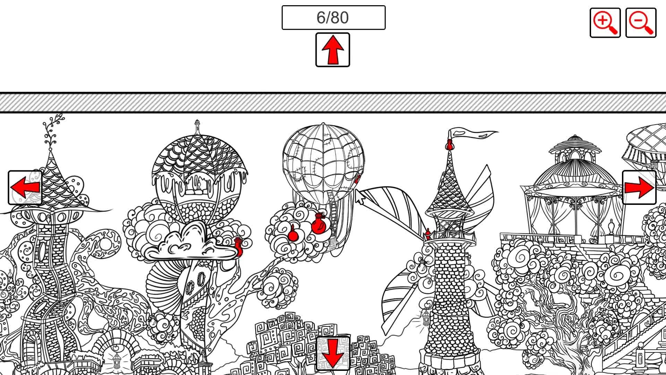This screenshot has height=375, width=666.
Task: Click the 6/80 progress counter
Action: [x=333, y=17]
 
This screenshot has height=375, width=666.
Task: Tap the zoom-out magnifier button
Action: [x=641, y=23]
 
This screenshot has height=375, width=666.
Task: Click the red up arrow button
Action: [x=333, y=50]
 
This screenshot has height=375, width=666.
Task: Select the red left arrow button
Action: [x=25, y=187]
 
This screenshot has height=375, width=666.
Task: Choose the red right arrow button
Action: [x=639, y=187]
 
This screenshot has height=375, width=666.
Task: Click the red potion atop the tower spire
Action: [x=450, y=144]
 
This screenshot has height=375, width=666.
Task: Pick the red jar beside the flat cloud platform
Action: [x=238, y=247]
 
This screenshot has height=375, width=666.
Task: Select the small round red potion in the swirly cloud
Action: [x=293, y=234]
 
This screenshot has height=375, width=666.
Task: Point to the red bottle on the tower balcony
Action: [x=428, y=234]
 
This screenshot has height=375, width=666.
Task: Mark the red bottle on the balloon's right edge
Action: [x=357, y=179]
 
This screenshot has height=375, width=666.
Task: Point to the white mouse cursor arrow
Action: [x=360, y=197]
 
